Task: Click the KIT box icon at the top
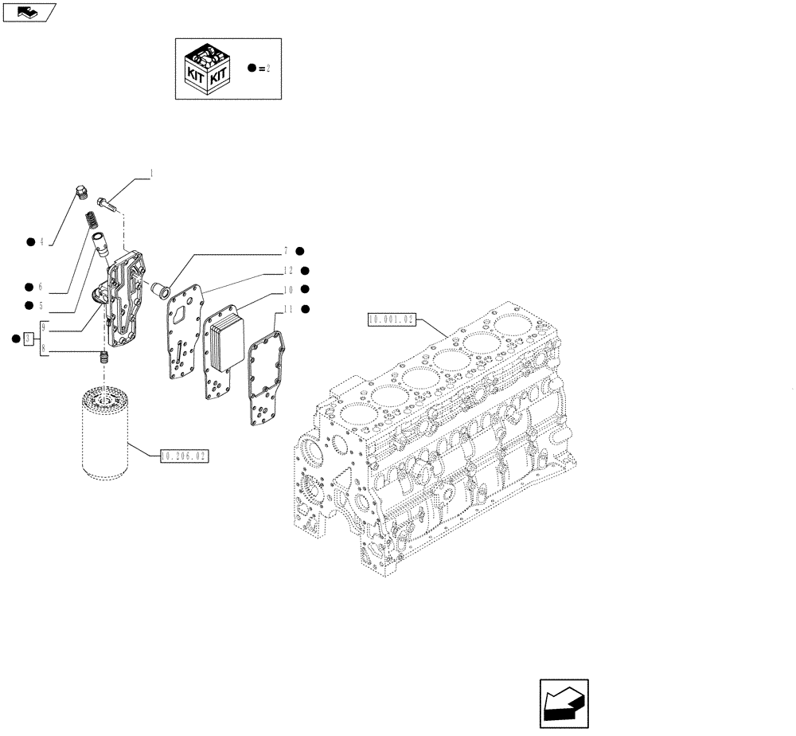tap(208, 69)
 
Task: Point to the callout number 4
tap(41, 241)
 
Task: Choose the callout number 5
tap(41, 305)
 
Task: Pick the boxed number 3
tap(29, 339)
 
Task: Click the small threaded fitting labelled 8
tap(103, 358)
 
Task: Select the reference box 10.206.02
tap(183, 456)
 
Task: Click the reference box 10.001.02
tap(392, 319)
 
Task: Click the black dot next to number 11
tap(304, 308)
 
